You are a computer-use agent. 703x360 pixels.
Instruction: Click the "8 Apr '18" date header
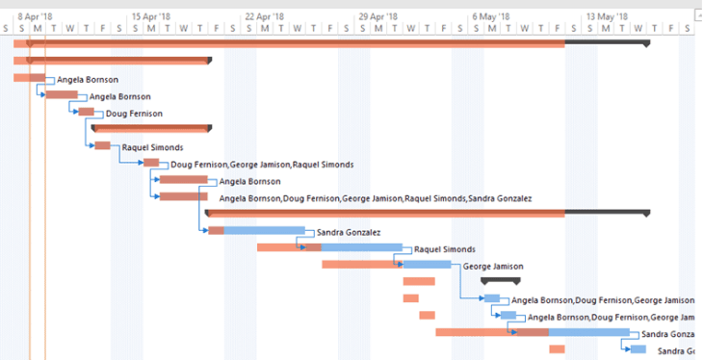point(35,16)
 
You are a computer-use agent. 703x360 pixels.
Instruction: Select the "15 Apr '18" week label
point(150,16)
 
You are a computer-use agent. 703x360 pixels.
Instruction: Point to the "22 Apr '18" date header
point(264,16)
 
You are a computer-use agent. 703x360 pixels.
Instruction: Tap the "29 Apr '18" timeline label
point(377,16)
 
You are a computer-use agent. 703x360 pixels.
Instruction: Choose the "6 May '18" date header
point(491,16)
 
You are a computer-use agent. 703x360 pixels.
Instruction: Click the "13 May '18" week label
point(607,16)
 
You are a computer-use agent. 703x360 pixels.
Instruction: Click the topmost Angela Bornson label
point(88,80)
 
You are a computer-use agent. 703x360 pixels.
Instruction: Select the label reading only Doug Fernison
point(134,114)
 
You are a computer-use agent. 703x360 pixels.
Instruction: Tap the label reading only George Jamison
point(493,266)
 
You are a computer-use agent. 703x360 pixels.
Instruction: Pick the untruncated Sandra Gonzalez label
point(348,232)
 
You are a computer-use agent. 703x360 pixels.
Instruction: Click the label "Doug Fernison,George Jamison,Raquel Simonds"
point(262,165)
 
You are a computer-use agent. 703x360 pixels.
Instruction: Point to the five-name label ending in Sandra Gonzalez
point(376,198)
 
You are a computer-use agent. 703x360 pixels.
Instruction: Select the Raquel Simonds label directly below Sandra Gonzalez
point(444,249)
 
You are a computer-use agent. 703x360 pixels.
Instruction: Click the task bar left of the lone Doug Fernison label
point(87,113)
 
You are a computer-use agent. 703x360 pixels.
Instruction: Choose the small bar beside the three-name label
point(151,164)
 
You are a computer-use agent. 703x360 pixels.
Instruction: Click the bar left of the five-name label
point(183,197)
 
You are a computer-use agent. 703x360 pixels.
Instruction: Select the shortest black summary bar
point(501,280)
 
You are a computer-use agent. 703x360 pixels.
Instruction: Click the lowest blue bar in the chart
point(638,349)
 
